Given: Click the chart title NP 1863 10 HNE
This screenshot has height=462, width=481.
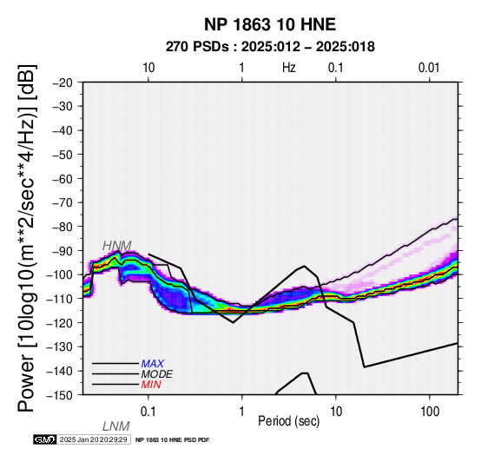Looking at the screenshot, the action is tap(270, 24).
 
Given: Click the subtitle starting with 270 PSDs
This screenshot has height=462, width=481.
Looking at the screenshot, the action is tap(270, 47).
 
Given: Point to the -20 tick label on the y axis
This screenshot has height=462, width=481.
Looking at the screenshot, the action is tap(63, 82).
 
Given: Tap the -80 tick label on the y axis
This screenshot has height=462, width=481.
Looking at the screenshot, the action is tap(63, 227).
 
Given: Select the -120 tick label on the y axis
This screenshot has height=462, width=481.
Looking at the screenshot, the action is tap(59, 323).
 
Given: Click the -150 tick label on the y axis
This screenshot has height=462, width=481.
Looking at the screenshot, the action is tap(59, 395).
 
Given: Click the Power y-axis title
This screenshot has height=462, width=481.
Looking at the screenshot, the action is tap(27, 239).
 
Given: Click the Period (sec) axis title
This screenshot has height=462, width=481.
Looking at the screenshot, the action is tap(288, 421).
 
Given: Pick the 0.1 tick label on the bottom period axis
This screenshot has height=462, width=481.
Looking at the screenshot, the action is tap(148, 412).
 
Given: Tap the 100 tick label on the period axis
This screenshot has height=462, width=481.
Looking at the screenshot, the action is tap(430, 412).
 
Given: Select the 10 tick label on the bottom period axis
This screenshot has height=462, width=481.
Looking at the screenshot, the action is tap(336, 412).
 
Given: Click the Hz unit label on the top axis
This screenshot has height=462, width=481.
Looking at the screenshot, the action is tap(288, 68).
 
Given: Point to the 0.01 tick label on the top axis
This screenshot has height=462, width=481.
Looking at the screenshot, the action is tap(429, 68).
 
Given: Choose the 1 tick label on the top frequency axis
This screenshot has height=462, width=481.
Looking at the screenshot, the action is tap(242, 68).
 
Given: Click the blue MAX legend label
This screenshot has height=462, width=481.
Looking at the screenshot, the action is tap(152, 364).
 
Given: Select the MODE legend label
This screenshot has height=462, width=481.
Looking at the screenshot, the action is tap(157, 374).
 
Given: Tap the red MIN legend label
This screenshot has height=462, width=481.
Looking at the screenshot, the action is tap(151, 385).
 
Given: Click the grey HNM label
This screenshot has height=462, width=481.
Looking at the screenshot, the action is tap(117, 246).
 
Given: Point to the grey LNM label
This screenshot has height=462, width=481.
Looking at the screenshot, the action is tap(116, 426).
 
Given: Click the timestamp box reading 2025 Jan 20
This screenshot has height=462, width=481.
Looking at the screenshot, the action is tap(95, 439).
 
